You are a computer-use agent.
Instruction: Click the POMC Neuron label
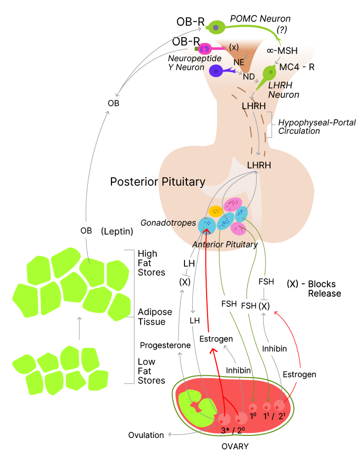260,19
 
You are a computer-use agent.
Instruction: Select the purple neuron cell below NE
216,71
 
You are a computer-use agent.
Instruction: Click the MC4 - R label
297,67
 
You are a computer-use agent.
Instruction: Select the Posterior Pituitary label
157,182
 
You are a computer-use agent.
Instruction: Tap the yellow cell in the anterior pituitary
216,211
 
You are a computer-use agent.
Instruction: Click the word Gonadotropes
168,223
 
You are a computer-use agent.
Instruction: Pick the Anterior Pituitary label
225,244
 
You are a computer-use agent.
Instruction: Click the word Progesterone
165,345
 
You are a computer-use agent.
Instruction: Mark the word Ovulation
146,435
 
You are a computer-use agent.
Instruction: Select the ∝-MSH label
282,50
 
